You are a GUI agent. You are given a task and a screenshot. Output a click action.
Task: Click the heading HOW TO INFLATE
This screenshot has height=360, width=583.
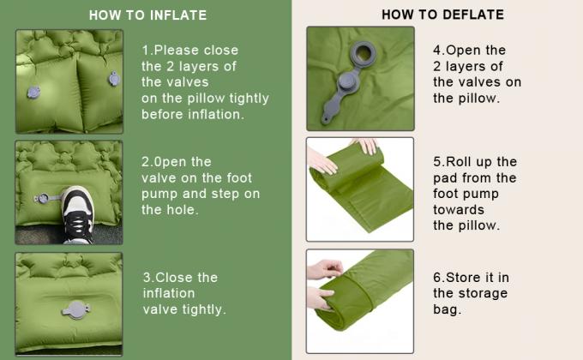click(x=148, y=15)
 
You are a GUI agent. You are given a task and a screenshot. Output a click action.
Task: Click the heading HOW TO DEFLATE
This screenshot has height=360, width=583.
click(x=443, y=15)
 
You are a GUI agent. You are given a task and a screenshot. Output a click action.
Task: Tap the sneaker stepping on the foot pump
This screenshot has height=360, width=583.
click(x=78, y=214)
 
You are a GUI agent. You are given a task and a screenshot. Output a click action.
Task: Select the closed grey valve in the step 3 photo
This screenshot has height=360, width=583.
click(x=76, y=309)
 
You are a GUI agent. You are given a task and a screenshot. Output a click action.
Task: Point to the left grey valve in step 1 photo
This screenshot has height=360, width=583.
click(x=33, y=92)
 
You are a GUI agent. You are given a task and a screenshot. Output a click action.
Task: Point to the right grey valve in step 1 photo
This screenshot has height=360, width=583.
click(x=114, y=79)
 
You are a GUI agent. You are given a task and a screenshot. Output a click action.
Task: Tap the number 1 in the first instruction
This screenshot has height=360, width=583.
click(x=145, y=51)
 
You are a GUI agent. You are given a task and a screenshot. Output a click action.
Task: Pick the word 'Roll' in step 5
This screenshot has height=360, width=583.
click(x=459, y=162)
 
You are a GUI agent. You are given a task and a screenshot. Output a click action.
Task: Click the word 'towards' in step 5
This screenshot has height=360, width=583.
click(x=459, y=210)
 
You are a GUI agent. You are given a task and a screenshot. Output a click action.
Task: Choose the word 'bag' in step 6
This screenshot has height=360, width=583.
click(x=445, y=309)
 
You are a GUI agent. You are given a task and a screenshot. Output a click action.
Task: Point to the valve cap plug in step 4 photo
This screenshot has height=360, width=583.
click(x=347, y=81)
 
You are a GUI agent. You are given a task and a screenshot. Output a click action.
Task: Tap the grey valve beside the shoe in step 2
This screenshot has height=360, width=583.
click(x=43, y=198)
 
